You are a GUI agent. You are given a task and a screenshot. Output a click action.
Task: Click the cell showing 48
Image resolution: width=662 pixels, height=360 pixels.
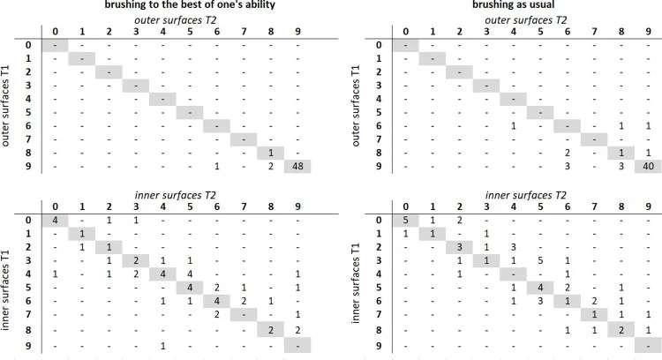[x=297, y=166]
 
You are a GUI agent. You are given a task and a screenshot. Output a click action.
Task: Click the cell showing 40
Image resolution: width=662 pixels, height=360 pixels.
[x=648, y=166]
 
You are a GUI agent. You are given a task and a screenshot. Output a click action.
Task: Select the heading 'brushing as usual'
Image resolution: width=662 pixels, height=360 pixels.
[x=513, y=5]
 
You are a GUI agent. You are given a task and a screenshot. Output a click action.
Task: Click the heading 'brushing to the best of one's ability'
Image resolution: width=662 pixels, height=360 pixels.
[x=190, y=5]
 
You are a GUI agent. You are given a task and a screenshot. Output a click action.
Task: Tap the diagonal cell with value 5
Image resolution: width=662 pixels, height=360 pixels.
[x=405, y=220]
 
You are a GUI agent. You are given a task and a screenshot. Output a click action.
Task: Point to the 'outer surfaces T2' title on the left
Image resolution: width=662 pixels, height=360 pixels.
[x=176, y=19]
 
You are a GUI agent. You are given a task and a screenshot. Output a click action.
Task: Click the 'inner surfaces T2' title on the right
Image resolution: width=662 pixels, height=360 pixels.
[x=526, y=195]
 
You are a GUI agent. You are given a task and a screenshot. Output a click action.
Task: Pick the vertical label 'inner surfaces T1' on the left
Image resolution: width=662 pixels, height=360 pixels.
[x=5, y=291]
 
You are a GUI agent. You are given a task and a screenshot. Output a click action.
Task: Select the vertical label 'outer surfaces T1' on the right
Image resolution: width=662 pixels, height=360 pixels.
[x=356, y=106]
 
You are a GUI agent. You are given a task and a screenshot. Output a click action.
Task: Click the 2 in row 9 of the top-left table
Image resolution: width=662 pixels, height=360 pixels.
[x=271, y=166]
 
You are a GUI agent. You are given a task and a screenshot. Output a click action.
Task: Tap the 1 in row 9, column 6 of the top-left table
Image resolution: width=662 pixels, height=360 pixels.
[x=216, y=166]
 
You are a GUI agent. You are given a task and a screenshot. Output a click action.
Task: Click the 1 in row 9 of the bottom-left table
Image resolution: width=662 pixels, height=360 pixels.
[x=163, y=346]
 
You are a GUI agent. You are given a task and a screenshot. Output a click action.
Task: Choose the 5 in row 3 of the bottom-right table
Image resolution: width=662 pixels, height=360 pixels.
[x=540, y=260]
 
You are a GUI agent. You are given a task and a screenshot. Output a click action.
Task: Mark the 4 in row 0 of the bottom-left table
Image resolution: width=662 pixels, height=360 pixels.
[x=55, y=220]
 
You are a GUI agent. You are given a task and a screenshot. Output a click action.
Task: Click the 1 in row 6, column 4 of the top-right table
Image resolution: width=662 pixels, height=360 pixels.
[x=514, y=126]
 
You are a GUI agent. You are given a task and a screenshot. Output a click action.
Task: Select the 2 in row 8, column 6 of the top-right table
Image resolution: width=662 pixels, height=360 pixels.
[x=568, y=153]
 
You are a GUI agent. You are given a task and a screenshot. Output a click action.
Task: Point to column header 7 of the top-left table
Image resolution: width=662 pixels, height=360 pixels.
[x=244, y=32]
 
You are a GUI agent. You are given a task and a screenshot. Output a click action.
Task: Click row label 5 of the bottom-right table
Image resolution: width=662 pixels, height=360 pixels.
[x=379, y=288]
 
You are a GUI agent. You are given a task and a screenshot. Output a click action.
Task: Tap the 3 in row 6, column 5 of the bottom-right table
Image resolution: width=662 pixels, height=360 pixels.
[x=540, y=301]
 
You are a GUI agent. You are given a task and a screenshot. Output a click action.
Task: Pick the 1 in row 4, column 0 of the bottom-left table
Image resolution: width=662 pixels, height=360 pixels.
[x=55, y=274]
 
